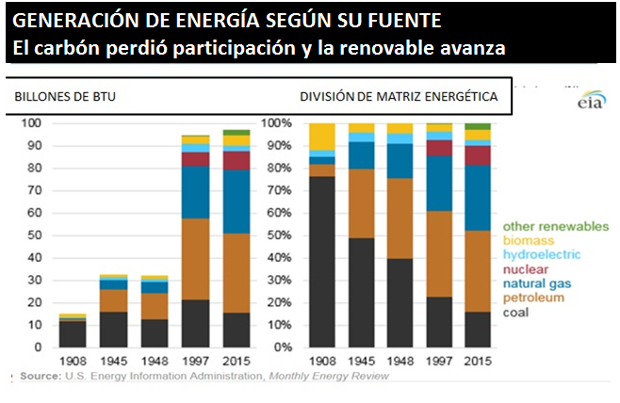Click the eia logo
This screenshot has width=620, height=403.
tap(591, 100)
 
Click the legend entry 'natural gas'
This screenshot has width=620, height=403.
tap(538, 283)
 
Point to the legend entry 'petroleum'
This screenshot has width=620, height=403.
tap(534, 298)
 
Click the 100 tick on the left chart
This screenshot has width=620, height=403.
tap(31, 123)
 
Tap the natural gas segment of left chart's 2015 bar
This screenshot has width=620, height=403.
tap(237, 201)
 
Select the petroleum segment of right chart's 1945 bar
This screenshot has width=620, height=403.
tap(361, 203)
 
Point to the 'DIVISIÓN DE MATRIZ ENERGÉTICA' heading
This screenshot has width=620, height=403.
tap(399, 97)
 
